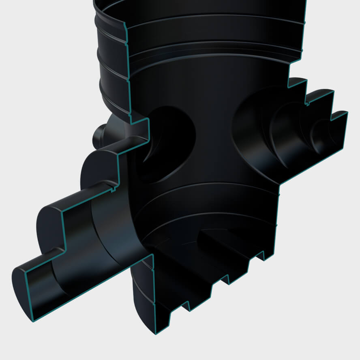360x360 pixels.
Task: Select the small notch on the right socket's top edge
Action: point(307,103)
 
